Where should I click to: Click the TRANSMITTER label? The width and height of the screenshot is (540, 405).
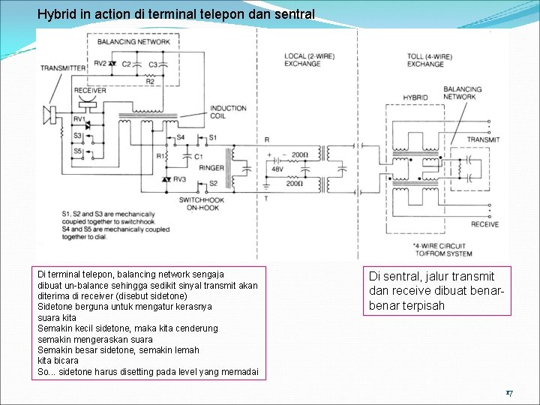[63, 68]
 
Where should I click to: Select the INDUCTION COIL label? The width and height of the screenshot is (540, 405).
[228, 112]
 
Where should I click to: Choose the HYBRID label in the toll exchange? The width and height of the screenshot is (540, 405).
[415, 97]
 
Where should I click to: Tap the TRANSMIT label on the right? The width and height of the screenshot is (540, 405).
[483, 139]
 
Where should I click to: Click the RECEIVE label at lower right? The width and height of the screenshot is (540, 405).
[484, 224]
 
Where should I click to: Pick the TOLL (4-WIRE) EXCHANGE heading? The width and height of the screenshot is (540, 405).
[425, 60]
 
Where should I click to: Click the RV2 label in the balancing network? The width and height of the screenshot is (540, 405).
[99, 64]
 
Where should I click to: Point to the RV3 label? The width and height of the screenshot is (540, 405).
[179, 180]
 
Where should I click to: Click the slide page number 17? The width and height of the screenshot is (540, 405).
[508, 392]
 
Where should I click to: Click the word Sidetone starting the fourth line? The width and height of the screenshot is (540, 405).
[55, 307]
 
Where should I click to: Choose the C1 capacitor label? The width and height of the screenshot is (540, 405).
[198, 157]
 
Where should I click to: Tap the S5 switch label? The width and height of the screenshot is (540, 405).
[78, 151]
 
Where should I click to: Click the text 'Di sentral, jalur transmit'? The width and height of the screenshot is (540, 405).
[431, 277]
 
